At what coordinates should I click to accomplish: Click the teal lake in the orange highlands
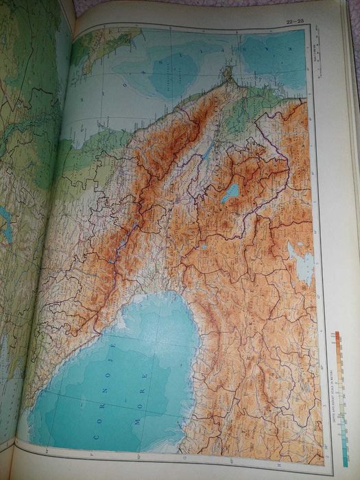(230, 193)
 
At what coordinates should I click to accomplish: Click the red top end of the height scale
(337, 335)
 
